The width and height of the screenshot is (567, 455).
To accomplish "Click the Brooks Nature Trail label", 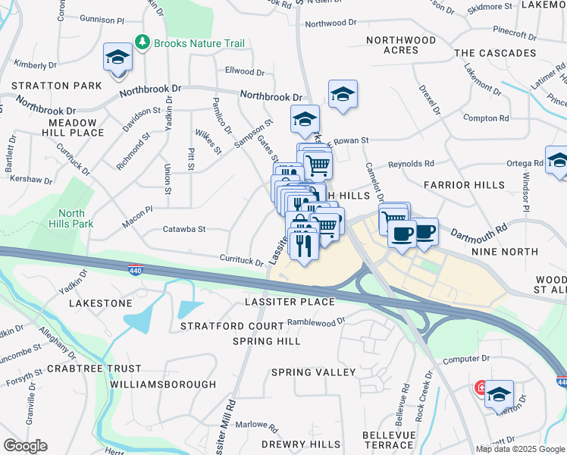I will [199, 43].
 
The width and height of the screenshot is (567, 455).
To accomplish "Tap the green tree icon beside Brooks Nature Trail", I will [141, 42].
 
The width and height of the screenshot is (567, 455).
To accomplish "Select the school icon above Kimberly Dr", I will [117, 58].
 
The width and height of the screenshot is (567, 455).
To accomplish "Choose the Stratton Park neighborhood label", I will [46, 86].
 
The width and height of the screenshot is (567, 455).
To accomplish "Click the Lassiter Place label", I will [290, 302].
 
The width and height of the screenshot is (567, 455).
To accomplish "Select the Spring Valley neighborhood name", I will [313, 372].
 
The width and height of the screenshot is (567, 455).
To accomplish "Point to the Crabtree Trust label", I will [94, 369].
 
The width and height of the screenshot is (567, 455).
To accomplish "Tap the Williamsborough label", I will [163, 384].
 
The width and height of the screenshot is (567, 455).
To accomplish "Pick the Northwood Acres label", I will [401, 45].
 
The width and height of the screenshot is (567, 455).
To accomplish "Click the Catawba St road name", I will [184, 229].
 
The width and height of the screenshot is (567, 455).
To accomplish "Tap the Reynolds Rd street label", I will [411, 164].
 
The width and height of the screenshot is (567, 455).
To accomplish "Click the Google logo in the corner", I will [25, 446].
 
